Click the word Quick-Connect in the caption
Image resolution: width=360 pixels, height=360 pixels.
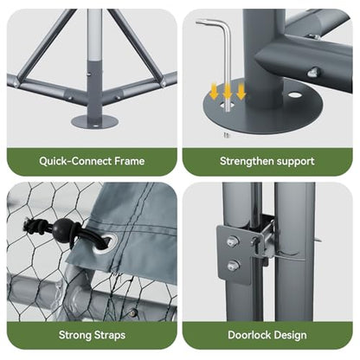point(75,161)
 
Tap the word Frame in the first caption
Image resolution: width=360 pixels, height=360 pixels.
point(130,161)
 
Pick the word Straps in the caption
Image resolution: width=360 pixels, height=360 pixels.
point(110,335)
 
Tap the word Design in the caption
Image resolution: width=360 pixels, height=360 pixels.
point(291,335)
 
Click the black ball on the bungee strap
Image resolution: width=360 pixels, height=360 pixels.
point(61,228)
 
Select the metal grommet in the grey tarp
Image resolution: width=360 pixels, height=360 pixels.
point(106,243)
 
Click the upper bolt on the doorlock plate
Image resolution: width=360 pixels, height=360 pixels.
point(233,241)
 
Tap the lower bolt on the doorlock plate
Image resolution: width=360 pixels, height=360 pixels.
point(233,265)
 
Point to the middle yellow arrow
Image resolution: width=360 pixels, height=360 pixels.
point(228,90)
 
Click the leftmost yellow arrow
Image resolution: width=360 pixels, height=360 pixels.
point(214,92)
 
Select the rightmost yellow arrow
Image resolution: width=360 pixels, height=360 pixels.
point(241,92)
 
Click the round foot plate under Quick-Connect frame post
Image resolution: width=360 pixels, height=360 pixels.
point(95,120)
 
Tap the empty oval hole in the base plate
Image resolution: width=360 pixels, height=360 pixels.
point(294,94)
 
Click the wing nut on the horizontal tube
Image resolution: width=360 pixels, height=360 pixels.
point(313,72)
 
